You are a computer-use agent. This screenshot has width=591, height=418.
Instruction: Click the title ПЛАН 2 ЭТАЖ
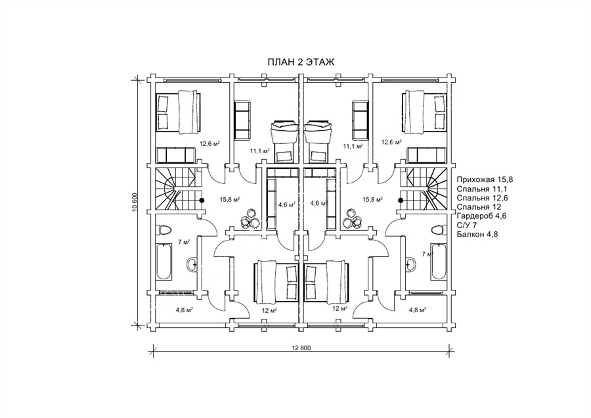click(300, 62)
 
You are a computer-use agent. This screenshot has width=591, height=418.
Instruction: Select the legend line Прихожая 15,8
click(485, 179)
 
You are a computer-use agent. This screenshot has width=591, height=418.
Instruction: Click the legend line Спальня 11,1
click(481, 188)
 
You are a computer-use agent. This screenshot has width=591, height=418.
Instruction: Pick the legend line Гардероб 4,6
click(481, 216)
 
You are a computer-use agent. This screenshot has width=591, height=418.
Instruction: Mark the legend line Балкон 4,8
click(477, 234)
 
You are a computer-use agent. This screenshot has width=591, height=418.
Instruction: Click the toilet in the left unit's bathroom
click(164, 229)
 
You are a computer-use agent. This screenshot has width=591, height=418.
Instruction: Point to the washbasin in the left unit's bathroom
click(192, 264)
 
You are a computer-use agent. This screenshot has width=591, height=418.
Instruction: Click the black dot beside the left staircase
click(202, 200)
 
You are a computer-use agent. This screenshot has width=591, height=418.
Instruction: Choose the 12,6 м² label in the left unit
click(209, 143)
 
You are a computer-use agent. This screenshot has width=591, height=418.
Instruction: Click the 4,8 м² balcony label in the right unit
click(417, 310)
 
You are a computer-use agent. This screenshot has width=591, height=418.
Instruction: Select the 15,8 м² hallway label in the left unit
click(230, 199)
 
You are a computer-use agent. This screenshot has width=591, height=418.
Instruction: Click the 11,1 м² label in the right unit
click(353, 145)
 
